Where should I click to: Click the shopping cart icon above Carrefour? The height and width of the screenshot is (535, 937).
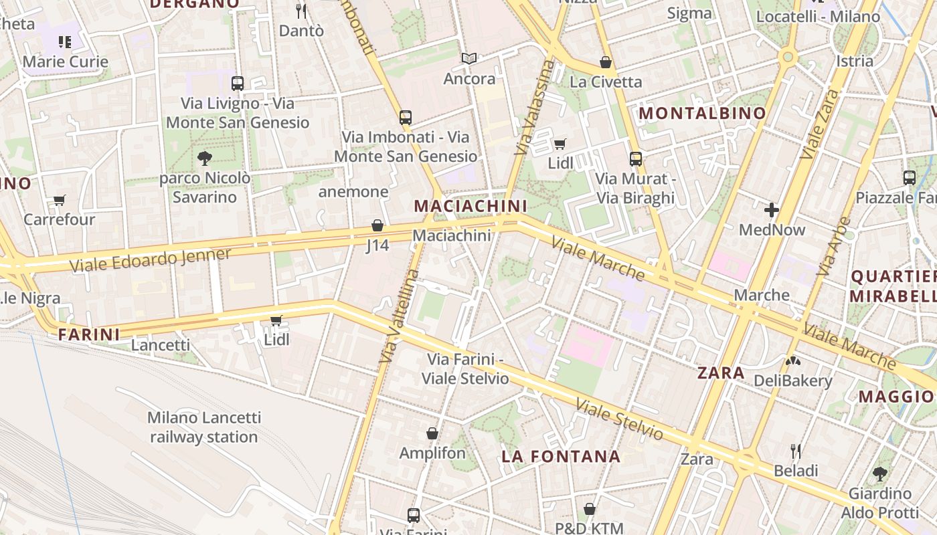[x=60, y=200]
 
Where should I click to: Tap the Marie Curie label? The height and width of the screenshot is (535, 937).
[x=65, y=62]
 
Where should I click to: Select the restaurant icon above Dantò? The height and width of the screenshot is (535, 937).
[x=301, y=11]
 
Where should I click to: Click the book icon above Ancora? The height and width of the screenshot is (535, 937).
[x=469, y=59]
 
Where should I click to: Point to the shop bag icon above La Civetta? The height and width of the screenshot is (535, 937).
[x=606, y=62]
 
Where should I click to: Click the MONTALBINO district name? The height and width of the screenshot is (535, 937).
[x=702, y=113]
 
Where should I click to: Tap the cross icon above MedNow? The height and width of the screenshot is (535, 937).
[x=772, y=210]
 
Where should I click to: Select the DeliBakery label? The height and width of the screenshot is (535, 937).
[x=792, y=381]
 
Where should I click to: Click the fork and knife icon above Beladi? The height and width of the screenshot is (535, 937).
[x=796, y=451]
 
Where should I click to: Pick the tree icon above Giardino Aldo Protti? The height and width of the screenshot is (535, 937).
[x=880, y=474]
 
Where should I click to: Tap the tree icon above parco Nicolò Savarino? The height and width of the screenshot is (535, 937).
[x=205, y=158]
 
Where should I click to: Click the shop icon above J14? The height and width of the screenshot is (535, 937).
[x=377, y=225]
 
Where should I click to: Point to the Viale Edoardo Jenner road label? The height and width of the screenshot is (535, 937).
[x=151, y=259]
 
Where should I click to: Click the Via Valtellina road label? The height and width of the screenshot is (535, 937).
[x=400, y=316]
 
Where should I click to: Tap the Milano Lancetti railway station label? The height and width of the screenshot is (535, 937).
[x=203, y=427]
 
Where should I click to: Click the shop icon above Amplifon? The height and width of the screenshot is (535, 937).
[x=432, y=433]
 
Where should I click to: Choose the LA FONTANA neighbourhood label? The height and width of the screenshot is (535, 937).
[x=561, y=457]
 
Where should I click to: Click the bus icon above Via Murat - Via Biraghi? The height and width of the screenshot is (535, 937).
[x=636, y=159]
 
